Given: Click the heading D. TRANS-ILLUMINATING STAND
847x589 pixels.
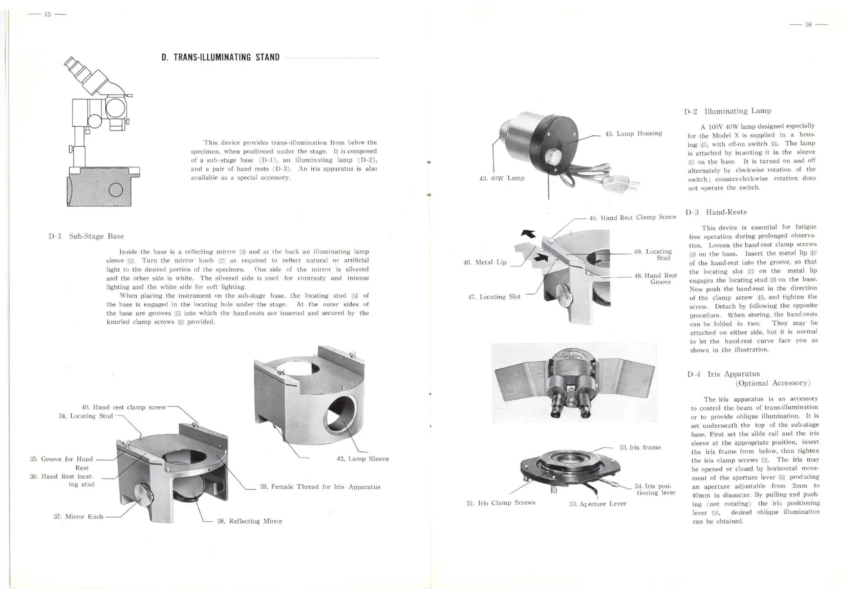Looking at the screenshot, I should coord(220,57).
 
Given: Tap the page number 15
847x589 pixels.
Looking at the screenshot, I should coord(48,15).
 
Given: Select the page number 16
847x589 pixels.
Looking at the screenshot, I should coord(808,25).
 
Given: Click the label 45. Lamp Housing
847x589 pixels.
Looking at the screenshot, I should coord(634,134).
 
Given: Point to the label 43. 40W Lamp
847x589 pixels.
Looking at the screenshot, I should coord(501,178).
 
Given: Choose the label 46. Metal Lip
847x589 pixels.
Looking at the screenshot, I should coord(485,262).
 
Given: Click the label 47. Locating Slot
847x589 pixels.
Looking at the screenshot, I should coord(494,297).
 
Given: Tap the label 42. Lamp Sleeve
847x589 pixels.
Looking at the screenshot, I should coord(362,459).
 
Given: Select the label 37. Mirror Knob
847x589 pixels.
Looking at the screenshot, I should coord(79,517).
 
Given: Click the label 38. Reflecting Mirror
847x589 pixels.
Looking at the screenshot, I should coord(250,521).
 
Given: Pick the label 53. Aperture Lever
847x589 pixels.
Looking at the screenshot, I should coord(597,504).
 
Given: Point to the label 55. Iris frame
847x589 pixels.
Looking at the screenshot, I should coord(640,448).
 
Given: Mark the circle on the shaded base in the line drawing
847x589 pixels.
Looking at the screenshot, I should coord(116,190).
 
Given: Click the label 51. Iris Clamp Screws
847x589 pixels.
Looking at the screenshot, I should coord(500,503).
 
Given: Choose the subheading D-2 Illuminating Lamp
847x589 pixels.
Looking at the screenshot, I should coord(727,111).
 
